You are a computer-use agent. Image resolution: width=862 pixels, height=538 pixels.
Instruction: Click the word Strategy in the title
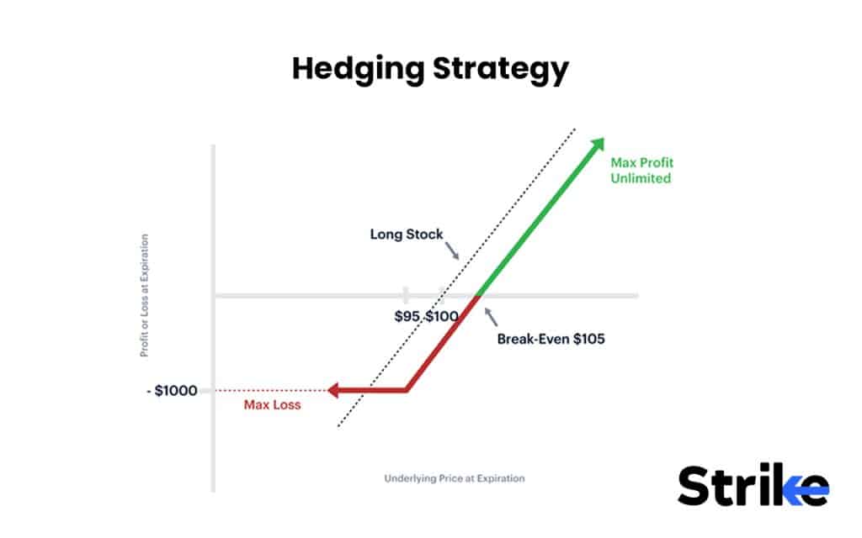click(501, 70)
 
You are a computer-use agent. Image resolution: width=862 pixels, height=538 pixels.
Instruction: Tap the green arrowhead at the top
click(598, 144)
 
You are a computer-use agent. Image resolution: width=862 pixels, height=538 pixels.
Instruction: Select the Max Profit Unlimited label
click(643, 170)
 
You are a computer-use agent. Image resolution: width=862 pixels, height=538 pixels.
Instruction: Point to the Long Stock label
click(407, 235)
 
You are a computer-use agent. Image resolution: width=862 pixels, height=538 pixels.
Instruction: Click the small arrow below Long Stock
click(452, 251)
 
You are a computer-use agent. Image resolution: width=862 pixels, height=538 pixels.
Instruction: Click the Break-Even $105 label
click(551, 340)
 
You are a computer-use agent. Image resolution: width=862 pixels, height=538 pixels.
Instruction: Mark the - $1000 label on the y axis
click(173, 391)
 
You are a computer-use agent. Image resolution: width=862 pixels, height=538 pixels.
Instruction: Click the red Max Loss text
click(272, 405)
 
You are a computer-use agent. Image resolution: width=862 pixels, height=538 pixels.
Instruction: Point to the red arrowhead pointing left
click(334, 390)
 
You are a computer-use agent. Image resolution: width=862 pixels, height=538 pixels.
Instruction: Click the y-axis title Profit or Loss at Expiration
click(144, 295)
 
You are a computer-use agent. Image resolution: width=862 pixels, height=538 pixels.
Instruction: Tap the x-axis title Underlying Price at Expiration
click(455, 478)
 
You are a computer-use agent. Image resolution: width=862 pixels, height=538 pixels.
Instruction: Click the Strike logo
click(753, 487)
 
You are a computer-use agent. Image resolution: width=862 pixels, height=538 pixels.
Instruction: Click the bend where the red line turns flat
click(407, 390)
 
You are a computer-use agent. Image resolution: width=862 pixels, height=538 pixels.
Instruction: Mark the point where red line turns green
click(477, 295)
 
